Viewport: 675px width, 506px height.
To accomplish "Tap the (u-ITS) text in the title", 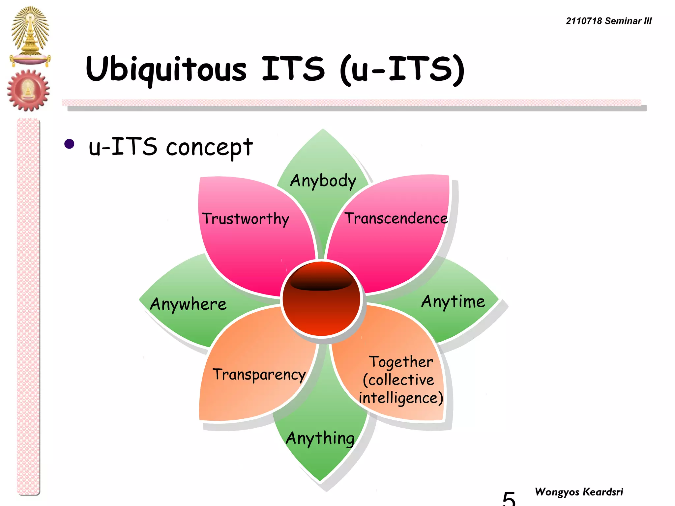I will coord(402,70).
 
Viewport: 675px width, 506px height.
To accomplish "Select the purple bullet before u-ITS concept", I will coord(69,144).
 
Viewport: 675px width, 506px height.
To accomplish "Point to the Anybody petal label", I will coord(323,181).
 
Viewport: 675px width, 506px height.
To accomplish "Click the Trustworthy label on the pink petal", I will coord(246,219).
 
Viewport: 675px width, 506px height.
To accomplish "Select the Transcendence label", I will coord(396,218).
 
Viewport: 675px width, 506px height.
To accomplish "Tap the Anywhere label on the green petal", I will coord(188,304).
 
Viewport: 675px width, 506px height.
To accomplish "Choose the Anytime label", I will coord(453,301).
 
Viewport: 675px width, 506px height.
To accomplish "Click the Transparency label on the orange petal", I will coord(259,375).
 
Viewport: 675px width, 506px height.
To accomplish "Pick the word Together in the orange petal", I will coord(401,362).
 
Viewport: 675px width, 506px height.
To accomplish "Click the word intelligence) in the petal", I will coord(401,398).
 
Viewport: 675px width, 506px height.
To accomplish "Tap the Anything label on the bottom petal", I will coord(320,438).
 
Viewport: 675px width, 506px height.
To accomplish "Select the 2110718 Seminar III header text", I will coord(608,21).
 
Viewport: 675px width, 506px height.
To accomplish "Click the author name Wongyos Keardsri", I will coord(579,492).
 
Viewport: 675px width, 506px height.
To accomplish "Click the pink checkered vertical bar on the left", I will coord(28,306).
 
